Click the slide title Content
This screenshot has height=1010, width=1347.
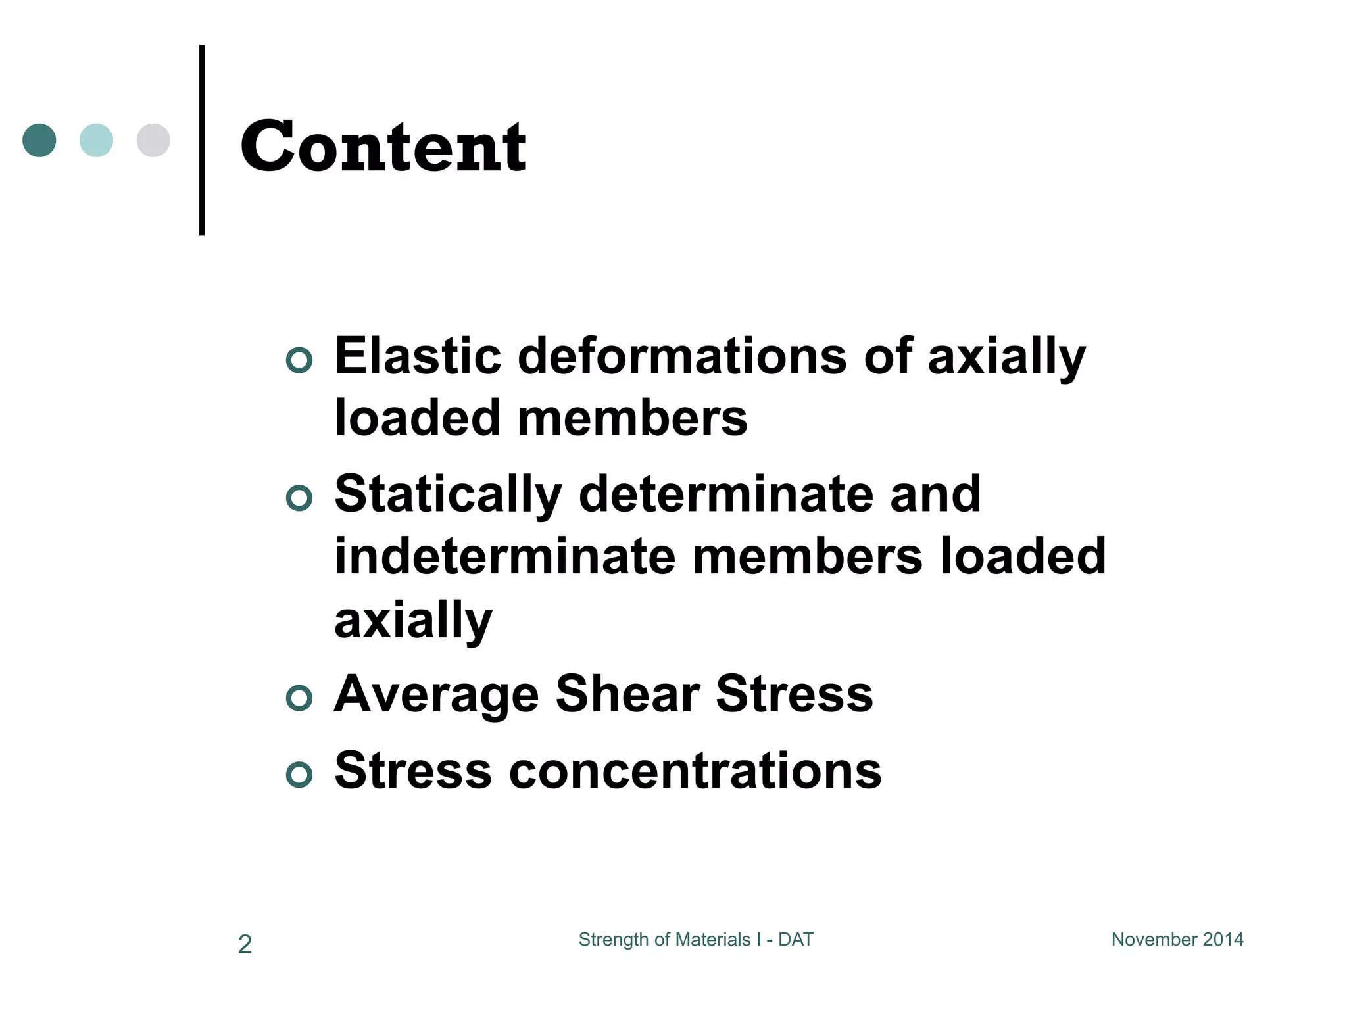point(383,147)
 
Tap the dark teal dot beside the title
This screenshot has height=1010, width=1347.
point(39,140)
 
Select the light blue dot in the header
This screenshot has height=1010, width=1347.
point(96,140)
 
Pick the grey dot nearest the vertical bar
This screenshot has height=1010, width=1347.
point(153,140)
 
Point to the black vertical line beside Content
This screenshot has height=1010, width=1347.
point(202,139)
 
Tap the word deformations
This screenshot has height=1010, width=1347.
point(682,356)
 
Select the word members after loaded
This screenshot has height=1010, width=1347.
point(632,418)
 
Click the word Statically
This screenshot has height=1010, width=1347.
point(448,494)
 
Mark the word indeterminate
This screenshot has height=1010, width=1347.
point(504,556)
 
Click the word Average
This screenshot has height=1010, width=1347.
point(436,694)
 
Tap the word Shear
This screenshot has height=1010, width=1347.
point(627,694)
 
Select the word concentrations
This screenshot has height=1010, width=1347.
point(695,771)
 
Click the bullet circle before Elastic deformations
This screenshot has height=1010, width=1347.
point(299,360)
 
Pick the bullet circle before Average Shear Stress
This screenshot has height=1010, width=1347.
point(299,698)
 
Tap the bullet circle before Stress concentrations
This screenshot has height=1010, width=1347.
point(299,775)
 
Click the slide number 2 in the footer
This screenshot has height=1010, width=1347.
point(245,944)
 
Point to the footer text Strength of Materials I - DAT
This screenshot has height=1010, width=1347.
point(695,940)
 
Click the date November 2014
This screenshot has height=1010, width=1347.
point(1177,940)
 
